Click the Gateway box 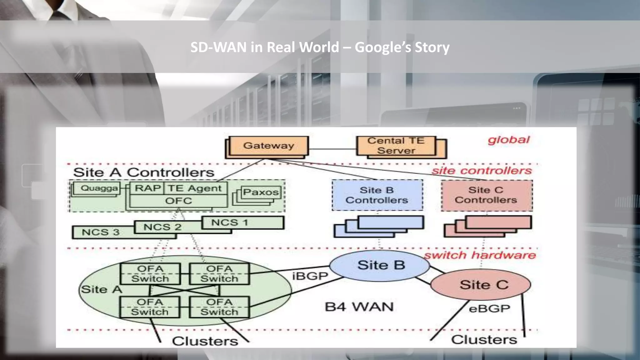coord(268,146)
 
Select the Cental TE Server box coord(396,146)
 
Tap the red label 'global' coord(508,140)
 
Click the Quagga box coord(99,188)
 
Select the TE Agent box coord(195,188)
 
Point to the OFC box coord(178,201)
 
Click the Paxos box coord(261,192)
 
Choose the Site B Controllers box coord(377,195)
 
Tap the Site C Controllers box coord(486,195)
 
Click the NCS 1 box coord(242,222)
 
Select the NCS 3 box coord(101,232)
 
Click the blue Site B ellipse coord(381,265)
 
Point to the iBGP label coord(310,276)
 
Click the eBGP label coord(489,309)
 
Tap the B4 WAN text coord(359,307)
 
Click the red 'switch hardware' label coord(480,255)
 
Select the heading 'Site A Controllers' coord(143,172)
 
